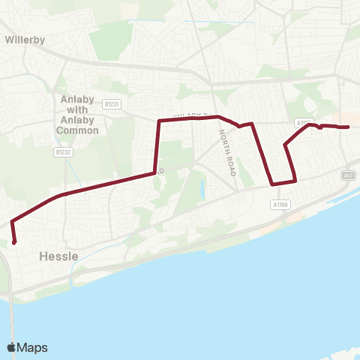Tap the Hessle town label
click(58, 256)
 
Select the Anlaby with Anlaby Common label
click(77, 114)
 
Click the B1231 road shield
click(112, 104)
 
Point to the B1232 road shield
click(62, 151)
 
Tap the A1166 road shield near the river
click(280, 204)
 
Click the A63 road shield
click(347, 175)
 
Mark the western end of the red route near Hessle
click(15, 242)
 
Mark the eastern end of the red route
click(349, 127)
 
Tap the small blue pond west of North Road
click(202, 187)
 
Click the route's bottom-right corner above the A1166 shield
click(295, 181)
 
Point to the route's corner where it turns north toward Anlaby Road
click(155, 173)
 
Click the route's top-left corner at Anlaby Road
click(158, 120)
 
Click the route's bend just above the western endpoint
click(12, 222)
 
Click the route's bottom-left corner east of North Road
click(271, 183)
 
